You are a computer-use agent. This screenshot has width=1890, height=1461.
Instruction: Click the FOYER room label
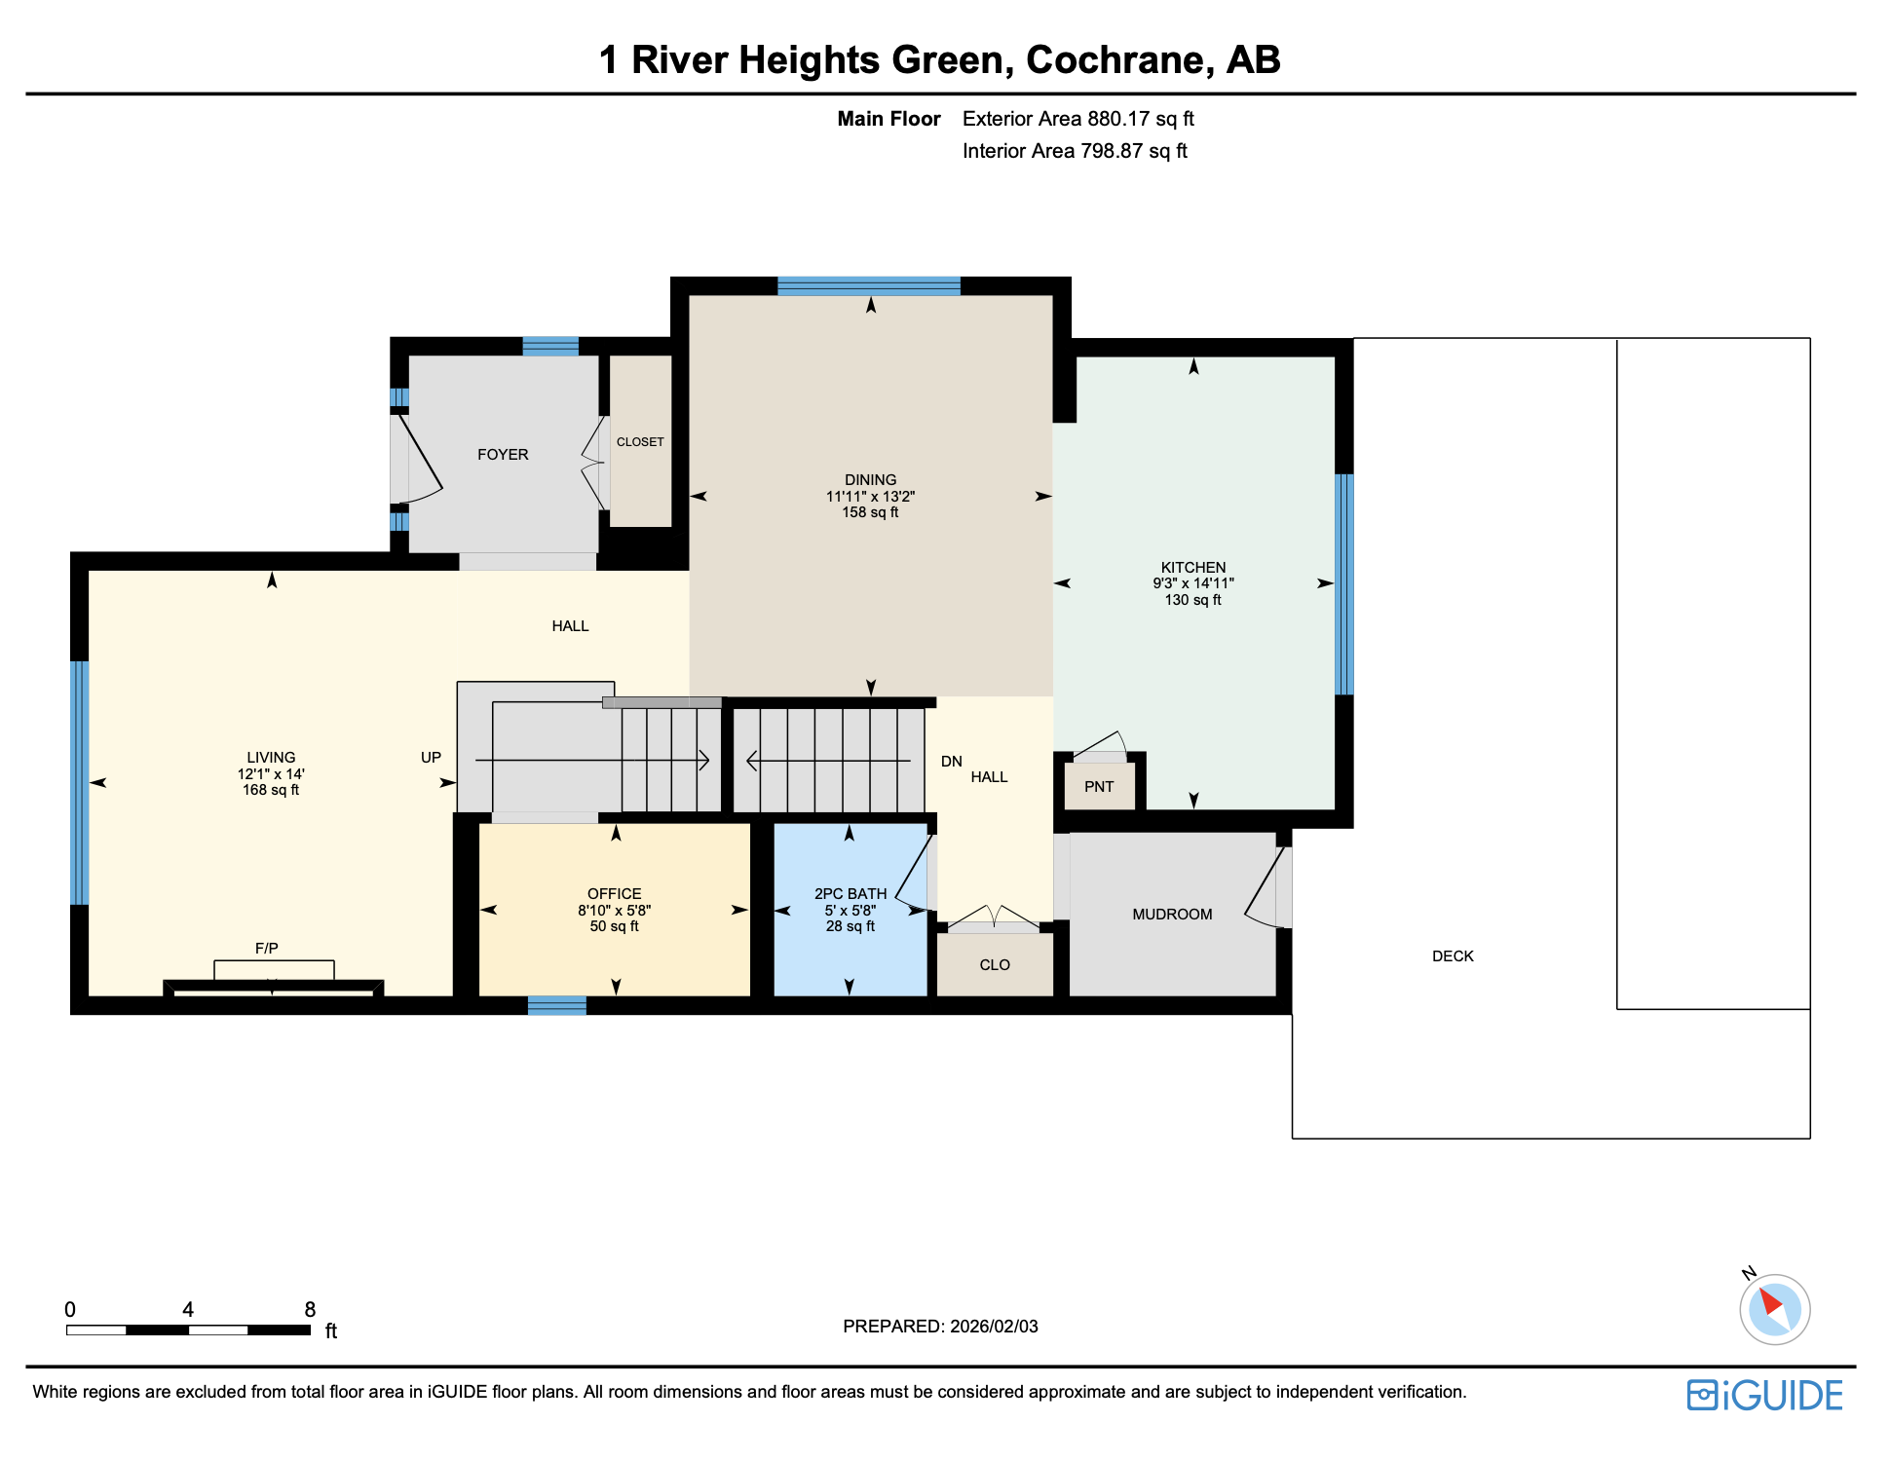[503, 455]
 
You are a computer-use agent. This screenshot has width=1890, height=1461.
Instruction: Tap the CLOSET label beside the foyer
[640, 442]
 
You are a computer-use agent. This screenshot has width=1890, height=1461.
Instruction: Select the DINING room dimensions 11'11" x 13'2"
[870, 497]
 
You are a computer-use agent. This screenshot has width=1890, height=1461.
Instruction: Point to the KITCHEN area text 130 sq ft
[1192, 600]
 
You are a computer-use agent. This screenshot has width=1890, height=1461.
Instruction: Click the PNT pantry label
[1099, 787]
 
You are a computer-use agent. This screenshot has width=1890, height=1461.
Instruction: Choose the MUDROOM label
[1172, 915]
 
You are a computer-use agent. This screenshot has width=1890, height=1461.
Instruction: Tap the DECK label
[1453, 956]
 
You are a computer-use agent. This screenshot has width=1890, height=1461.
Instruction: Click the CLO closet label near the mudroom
[995, 965]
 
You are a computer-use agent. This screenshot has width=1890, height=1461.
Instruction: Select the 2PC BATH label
[850, 894]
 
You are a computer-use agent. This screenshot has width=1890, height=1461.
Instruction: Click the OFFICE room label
[614, 894]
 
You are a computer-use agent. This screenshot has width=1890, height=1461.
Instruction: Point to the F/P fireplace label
[267, 949]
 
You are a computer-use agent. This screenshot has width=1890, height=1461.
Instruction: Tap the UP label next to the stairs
[431, 758]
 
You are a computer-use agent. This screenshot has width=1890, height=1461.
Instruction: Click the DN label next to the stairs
[951, 762]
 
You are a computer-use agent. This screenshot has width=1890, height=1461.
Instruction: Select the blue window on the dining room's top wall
[868, 286]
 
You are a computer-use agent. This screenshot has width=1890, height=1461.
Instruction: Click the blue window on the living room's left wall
[80, 783]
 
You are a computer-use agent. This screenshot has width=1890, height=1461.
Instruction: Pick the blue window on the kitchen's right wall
[1343, 584]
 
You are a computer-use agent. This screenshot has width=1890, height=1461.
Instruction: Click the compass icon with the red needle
[1774, 1309]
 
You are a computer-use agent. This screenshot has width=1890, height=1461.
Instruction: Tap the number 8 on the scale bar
[310, 1310]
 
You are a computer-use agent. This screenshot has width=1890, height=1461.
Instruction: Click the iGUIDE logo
[1764, 1395]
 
